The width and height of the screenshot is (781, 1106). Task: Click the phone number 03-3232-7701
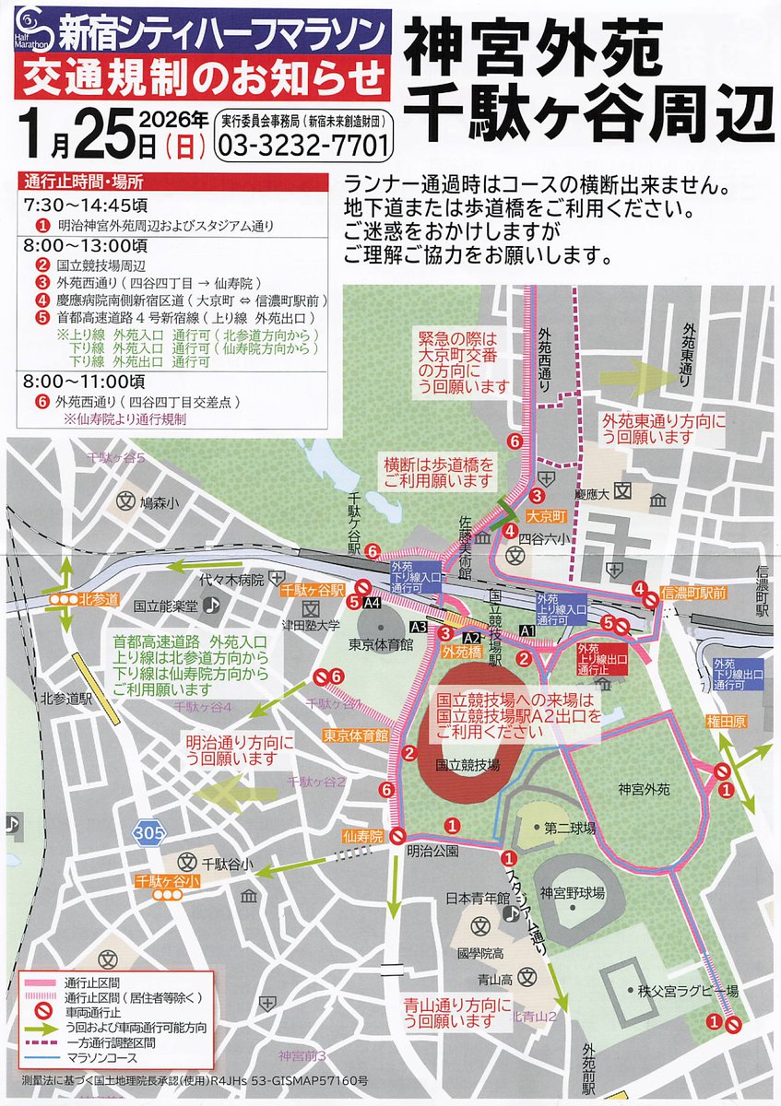tap(304, 146)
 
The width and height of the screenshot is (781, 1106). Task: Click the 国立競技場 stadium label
tap(467, 766)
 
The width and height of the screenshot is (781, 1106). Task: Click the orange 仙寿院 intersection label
tap(361, 836)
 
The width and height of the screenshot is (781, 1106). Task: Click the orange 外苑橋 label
tap(461, 651)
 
